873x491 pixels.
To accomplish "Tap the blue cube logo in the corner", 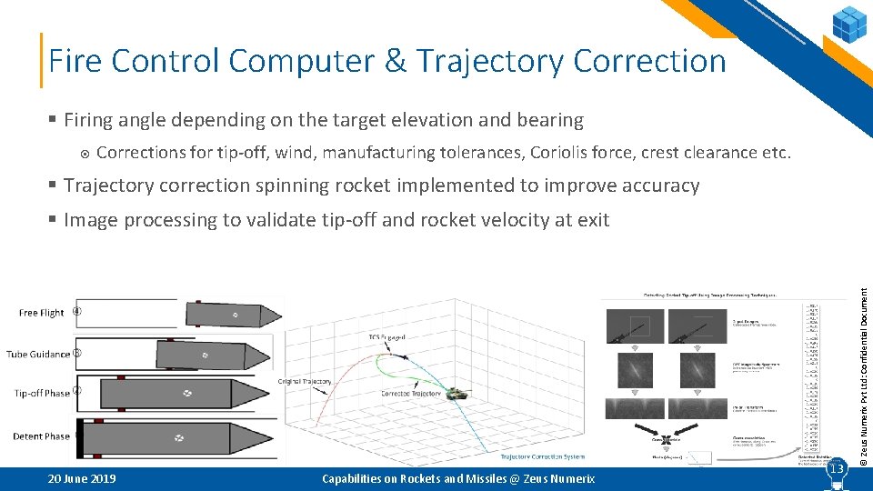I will point(849,24).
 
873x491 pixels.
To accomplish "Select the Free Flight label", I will point(42,313).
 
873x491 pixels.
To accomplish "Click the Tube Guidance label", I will point(38,354).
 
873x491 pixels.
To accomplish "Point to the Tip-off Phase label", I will point(42,394).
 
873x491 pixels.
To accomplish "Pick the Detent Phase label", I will point(41,436).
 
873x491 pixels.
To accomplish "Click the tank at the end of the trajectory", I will point(456,393).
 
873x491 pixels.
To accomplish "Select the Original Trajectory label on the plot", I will point(305,382).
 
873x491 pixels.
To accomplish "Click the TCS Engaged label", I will point(386,337).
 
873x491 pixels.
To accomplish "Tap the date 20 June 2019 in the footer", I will point(81,479).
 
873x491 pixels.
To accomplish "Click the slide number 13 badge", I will point(836,469).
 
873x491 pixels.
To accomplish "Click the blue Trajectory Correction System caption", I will point(543,456).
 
